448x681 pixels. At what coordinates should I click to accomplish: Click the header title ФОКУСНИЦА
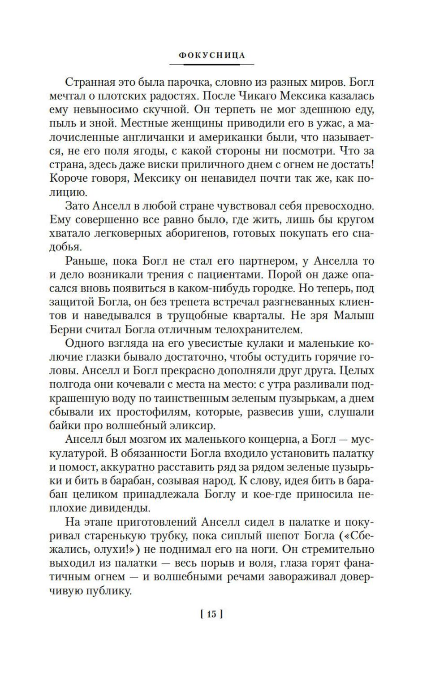coord(212,56)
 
